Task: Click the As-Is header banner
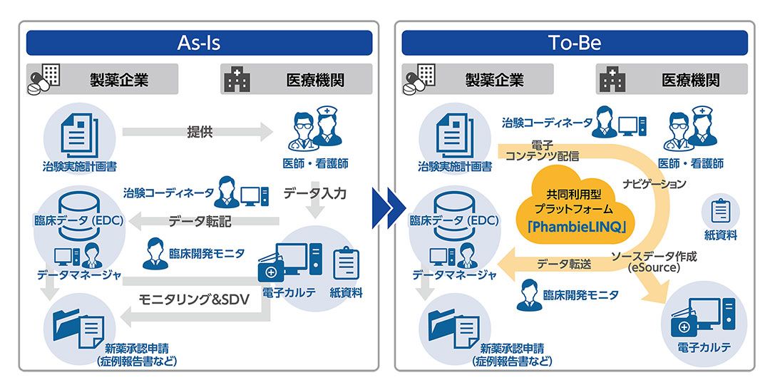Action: tap(199, 43)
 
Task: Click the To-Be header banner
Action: tap(575, 43)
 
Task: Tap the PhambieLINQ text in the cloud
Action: tap(575, 227)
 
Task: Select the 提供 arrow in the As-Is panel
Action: tap(197, 132)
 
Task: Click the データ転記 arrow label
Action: tap(200, 222)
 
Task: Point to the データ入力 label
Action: tap(315, 193)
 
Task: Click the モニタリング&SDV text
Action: tap(193, 299)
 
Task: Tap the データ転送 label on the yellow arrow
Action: tap(564, 264)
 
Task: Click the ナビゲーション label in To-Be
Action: tap(654, 184)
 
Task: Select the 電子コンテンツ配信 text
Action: tap(542, 150)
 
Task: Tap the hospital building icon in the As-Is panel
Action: tap(237, 80)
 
